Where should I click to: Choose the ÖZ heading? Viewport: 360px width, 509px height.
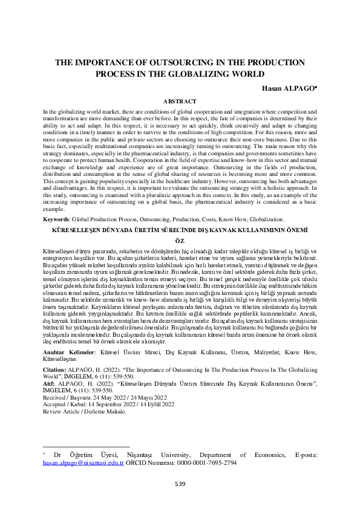pyautogui.click(x=180, y=240)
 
